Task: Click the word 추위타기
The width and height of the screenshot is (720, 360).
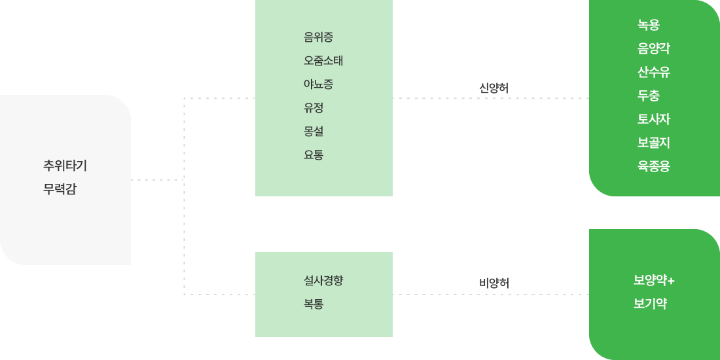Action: point(65,166)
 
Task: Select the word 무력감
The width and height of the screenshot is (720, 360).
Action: point(60,190)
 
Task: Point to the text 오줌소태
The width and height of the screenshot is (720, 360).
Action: point(323,61)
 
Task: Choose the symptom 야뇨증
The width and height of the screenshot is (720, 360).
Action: point(318,84)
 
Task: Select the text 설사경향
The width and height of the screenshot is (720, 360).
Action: point(323,281)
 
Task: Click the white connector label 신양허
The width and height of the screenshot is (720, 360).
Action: point(490,87)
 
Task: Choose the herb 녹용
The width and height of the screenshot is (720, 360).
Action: point(648,26)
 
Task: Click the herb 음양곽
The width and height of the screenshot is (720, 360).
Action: point(653,49)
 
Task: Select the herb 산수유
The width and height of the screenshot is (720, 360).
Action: point(653,73)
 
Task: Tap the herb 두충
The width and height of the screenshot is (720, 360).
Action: point(648,96)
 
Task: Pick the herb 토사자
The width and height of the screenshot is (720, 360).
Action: point(653,120)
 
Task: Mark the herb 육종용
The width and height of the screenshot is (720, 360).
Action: point(653,167)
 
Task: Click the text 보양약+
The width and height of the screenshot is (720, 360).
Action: point(653,281)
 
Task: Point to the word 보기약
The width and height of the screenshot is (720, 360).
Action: point(649,304)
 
